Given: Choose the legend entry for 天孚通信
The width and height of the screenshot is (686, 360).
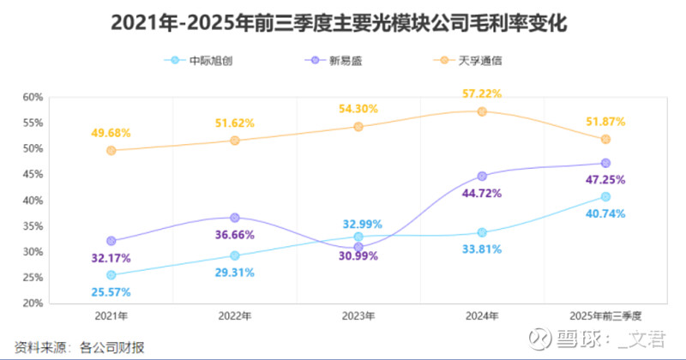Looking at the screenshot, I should point(476,61).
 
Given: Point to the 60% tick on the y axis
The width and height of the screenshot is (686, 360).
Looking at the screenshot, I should point(32,97).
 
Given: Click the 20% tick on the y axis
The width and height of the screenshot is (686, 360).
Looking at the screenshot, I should point(32,303).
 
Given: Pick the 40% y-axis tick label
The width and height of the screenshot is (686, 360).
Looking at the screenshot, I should point(32,201).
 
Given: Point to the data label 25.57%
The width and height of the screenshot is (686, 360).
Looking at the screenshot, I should point(111,291).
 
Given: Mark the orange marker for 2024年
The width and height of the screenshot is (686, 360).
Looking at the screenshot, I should point(482,111).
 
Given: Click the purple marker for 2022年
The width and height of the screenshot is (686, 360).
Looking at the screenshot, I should point(235,218).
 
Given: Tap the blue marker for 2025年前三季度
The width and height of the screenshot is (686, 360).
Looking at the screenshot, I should point(605,197).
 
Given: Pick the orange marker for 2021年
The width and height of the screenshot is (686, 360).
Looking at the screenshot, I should point(111,151).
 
